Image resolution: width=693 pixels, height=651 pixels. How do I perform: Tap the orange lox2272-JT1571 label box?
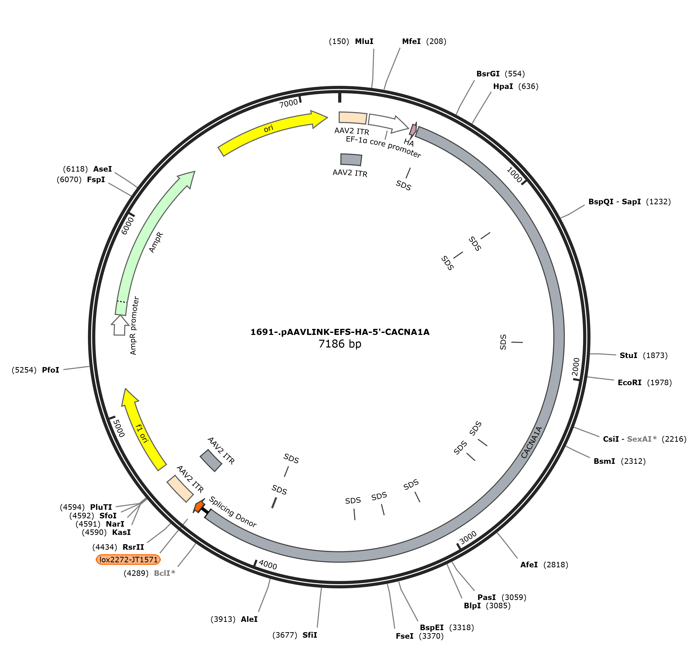pyautogui.click(x=128, y=560)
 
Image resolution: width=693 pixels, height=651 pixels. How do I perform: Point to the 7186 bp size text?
pyautogui.click(x=340, y=344)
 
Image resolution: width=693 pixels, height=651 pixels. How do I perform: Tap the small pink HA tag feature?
pyautogui.click(x=413, y=130)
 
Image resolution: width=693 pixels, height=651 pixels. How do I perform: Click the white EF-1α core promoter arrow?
pyautogui.click(x=388, y=123)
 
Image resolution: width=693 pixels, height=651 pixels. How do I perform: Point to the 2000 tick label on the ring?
pyautogui.click(x=576, y=367)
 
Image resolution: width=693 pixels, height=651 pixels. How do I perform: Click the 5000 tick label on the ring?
pyautogui.click(x=119, y=428)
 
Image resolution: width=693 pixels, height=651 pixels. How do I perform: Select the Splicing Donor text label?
pyautogui.click(x=232, y=512)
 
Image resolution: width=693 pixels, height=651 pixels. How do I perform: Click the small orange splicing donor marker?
pyautogui.click(x=199, y=506)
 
